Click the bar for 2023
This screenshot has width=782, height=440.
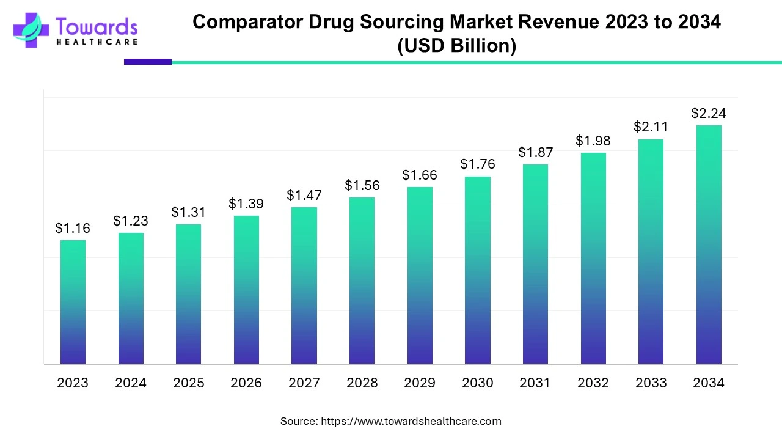(73, 302)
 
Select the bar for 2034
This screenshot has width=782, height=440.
(709, 244)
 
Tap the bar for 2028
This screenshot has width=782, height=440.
(362, 280)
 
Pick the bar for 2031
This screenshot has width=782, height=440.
(535, 264)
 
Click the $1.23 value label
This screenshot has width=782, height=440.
(130, 221)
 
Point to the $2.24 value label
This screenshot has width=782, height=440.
(709, 113)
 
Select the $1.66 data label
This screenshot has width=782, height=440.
(420, 175)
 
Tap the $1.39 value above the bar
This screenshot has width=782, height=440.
(246, 204)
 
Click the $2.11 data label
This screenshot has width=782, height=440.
(651, 127)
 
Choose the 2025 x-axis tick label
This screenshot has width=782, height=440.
(189, 383)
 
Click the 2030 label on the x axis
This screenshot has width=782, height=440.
(477, 383)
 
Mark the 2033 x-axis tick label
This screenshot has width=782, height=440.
(651, 383)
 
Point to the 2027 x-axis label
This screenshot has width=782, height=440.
(304, 383)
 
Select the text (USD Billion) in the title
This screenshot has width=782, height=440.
(456, 46)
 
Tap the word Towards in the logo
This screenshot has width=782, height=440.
(97, 26)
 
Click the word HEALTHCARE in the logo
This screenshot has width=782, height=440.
(97, 42)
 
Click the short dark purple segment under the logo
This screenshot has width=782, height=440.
(148, 62)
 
